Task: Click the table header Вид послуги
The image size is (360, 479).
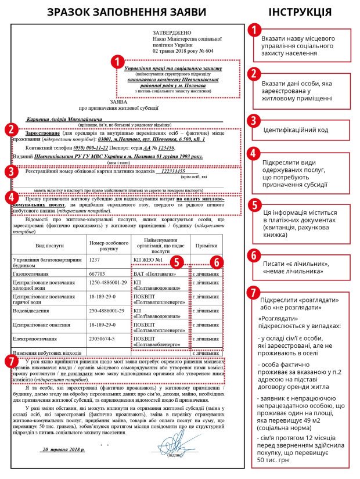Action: [x=49, y=245]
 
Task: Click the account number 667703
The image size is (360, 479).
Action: [x=98, y=272]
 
